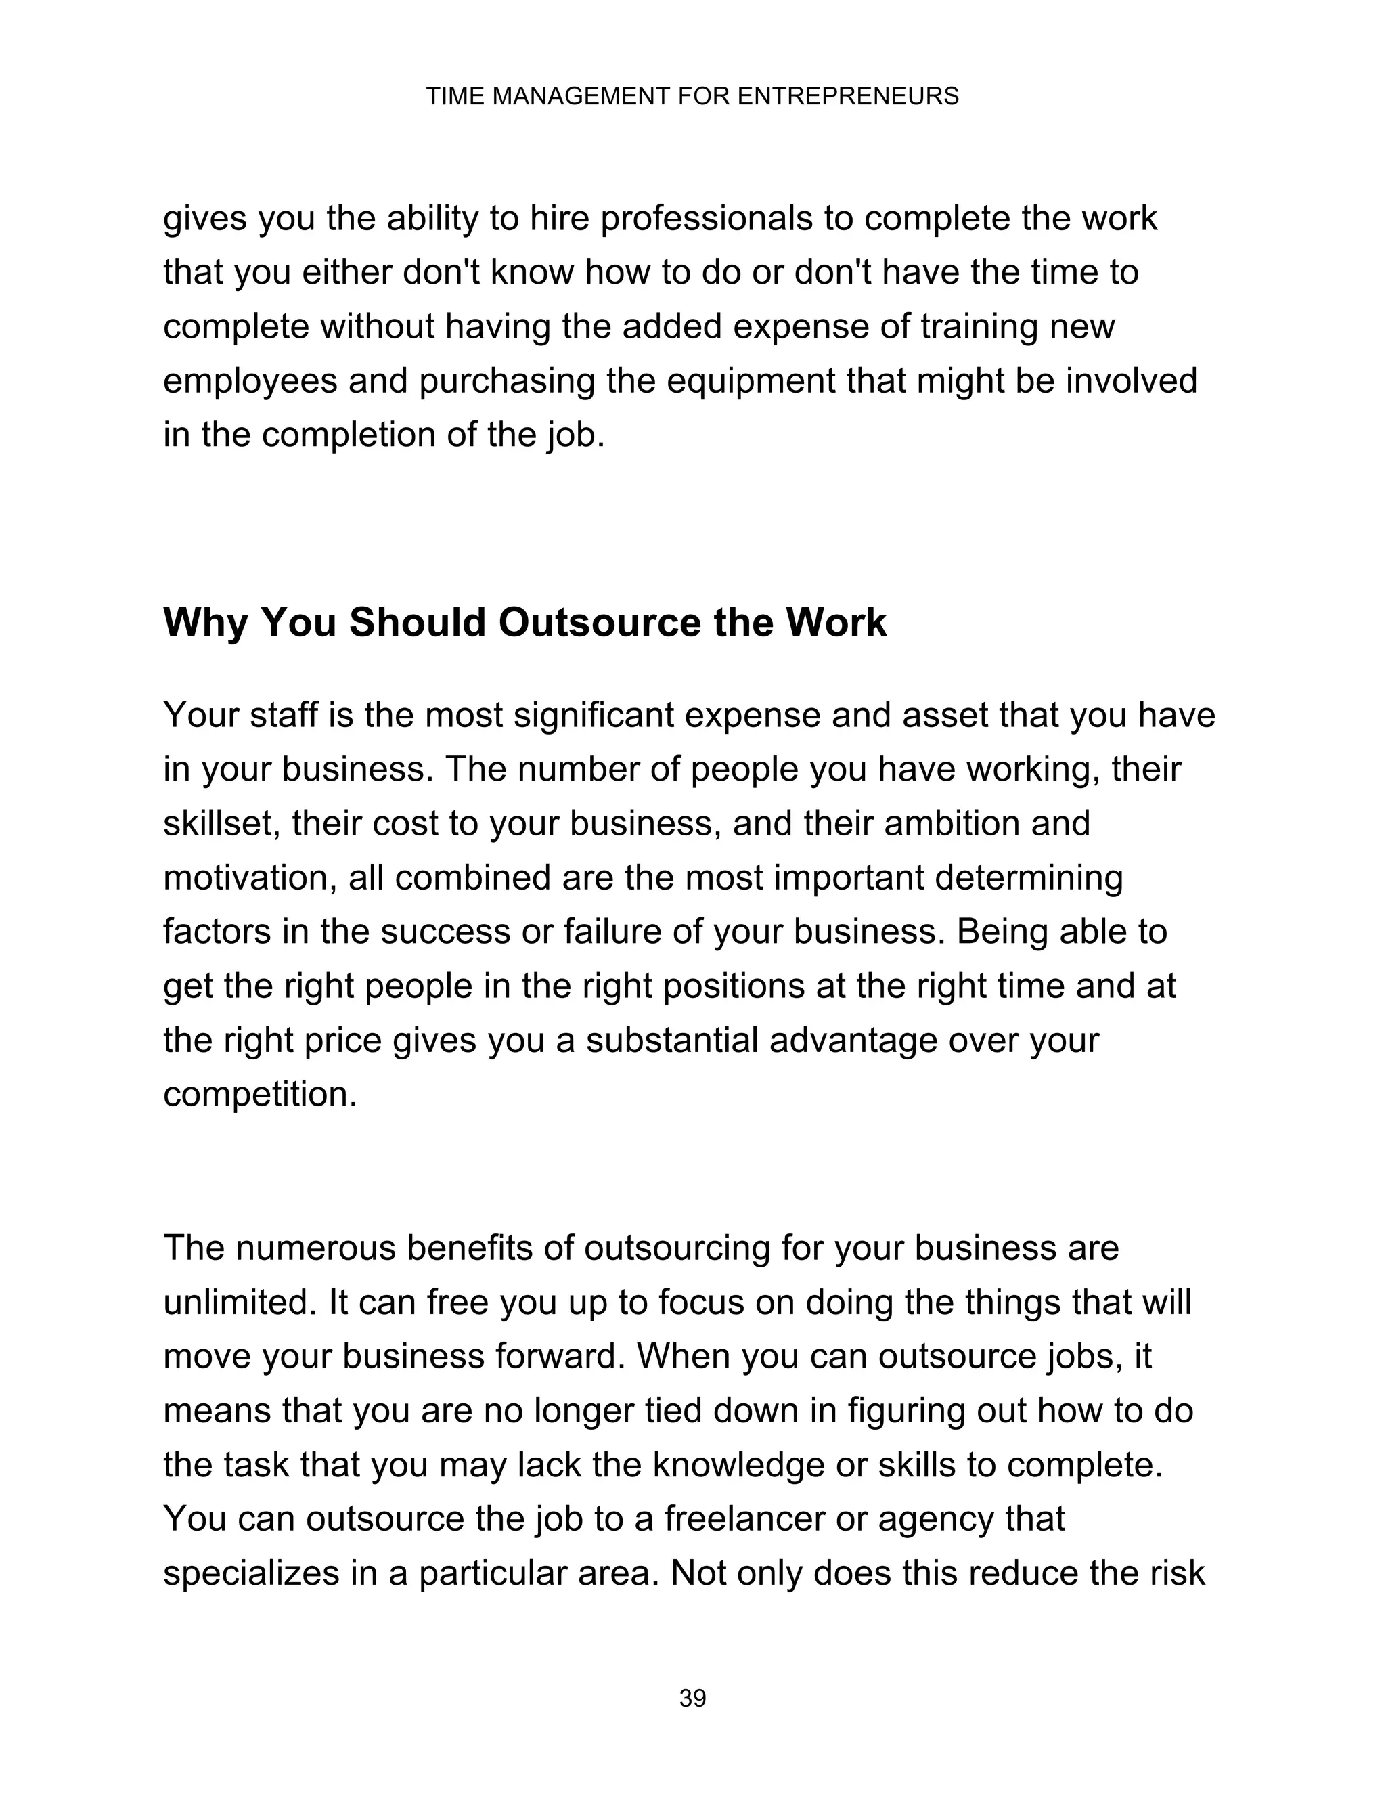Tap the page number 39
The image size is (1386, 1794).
coord(692,1698)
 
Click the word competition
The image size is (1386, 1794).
coord(259,1095)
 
